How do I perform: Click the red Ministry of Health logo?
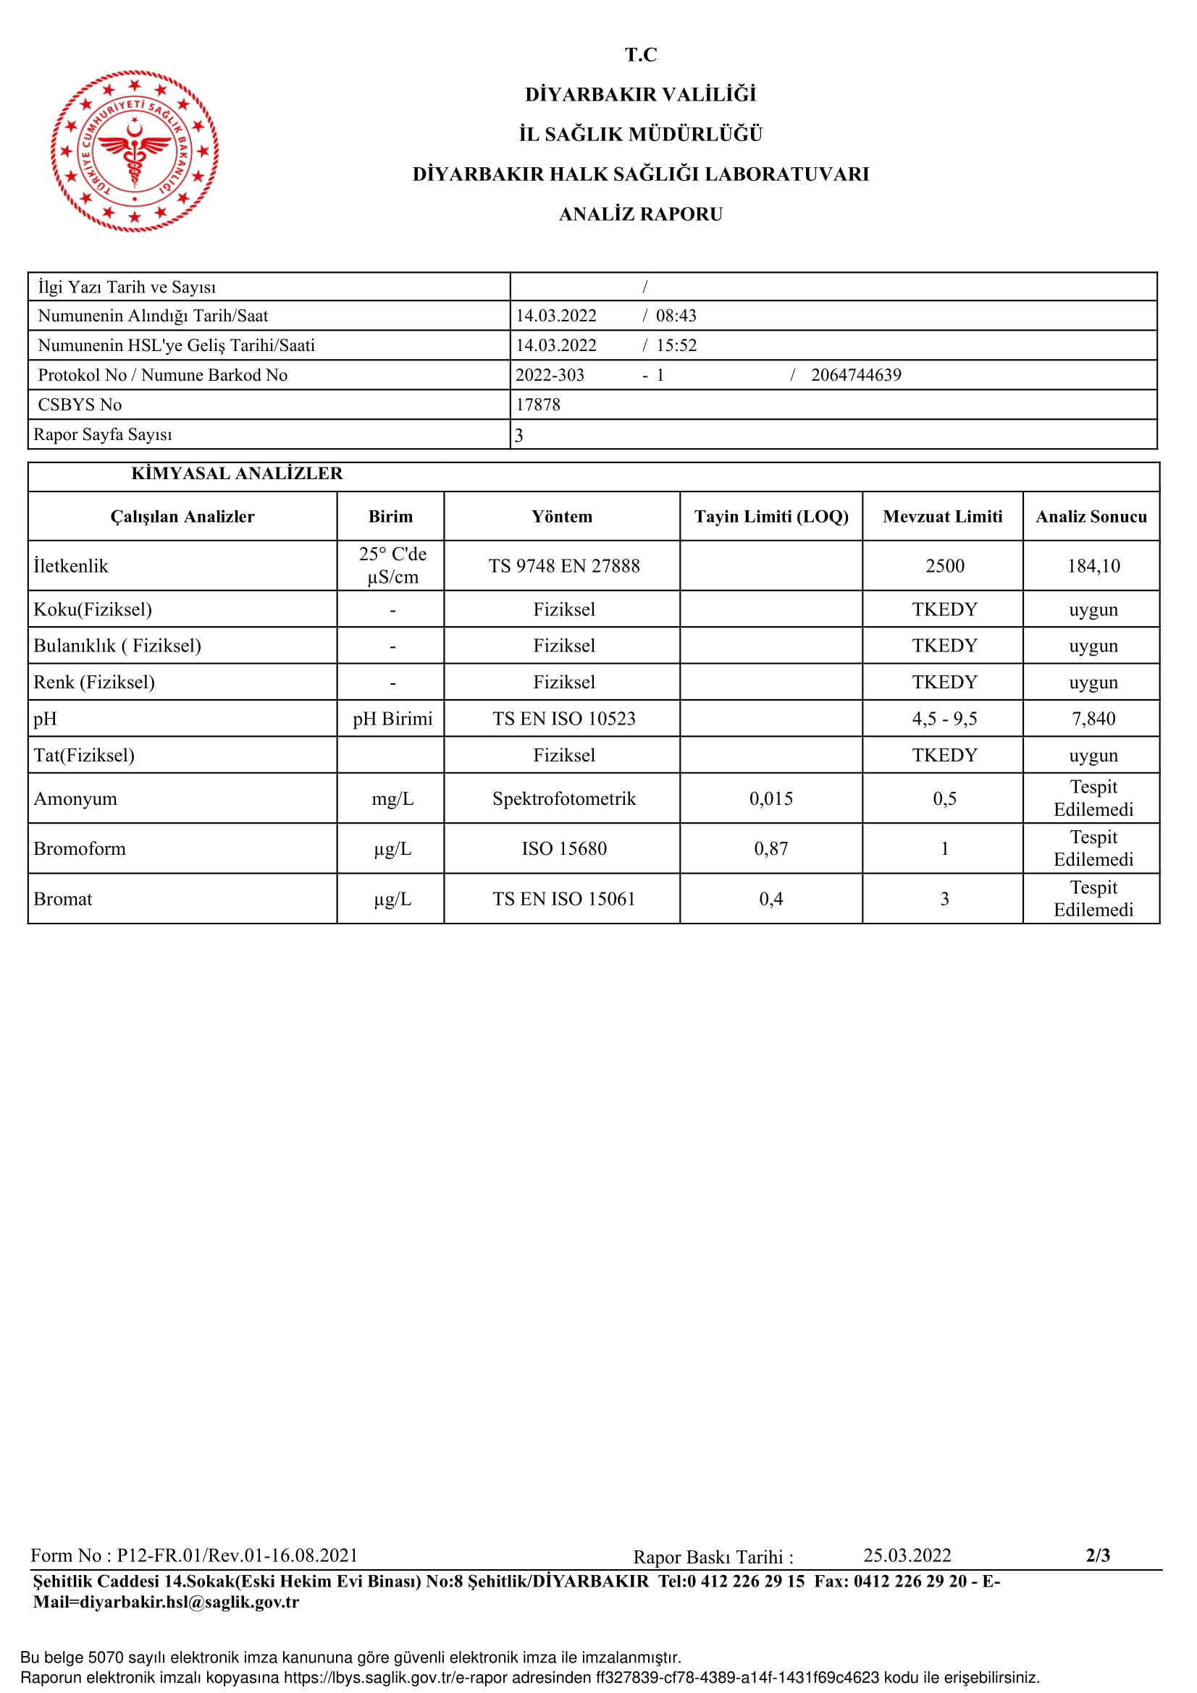point(134,151)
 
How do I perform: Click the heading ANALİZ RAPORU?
point(640,214)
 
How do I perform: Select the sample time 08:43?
point(676,316)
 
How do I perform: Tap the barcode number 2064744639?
point(855,375)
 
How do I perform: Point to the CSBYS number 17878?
point(537,405)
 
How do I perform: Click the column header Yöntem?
point(561,516)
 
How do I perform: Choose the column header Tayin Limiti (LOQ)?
point(770,516)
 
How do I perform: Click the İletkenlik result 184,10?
point(1093,565)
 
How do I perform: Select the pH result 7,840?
point(1093,718)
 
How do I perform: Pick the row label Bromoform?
point(80,848)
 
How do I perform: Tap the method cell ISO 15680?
point(563,848)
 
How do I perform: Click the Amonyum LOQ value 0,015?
point(770,798)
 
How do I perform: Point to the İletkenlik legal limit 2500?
point(944,565)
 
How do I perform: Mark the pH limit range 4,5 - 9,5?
point(944,718)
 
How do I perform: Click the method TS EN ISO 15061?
point(563,898)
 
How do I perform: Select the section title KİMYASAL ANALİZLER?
point(237,473)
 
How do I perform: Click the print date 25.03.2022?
point(907,1555)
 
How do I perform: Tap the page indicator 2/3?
point(1098,1555)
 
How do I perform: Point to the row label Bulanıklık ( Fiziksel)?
point(117,645)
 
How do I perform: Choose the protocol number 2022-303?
point(550,375)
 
